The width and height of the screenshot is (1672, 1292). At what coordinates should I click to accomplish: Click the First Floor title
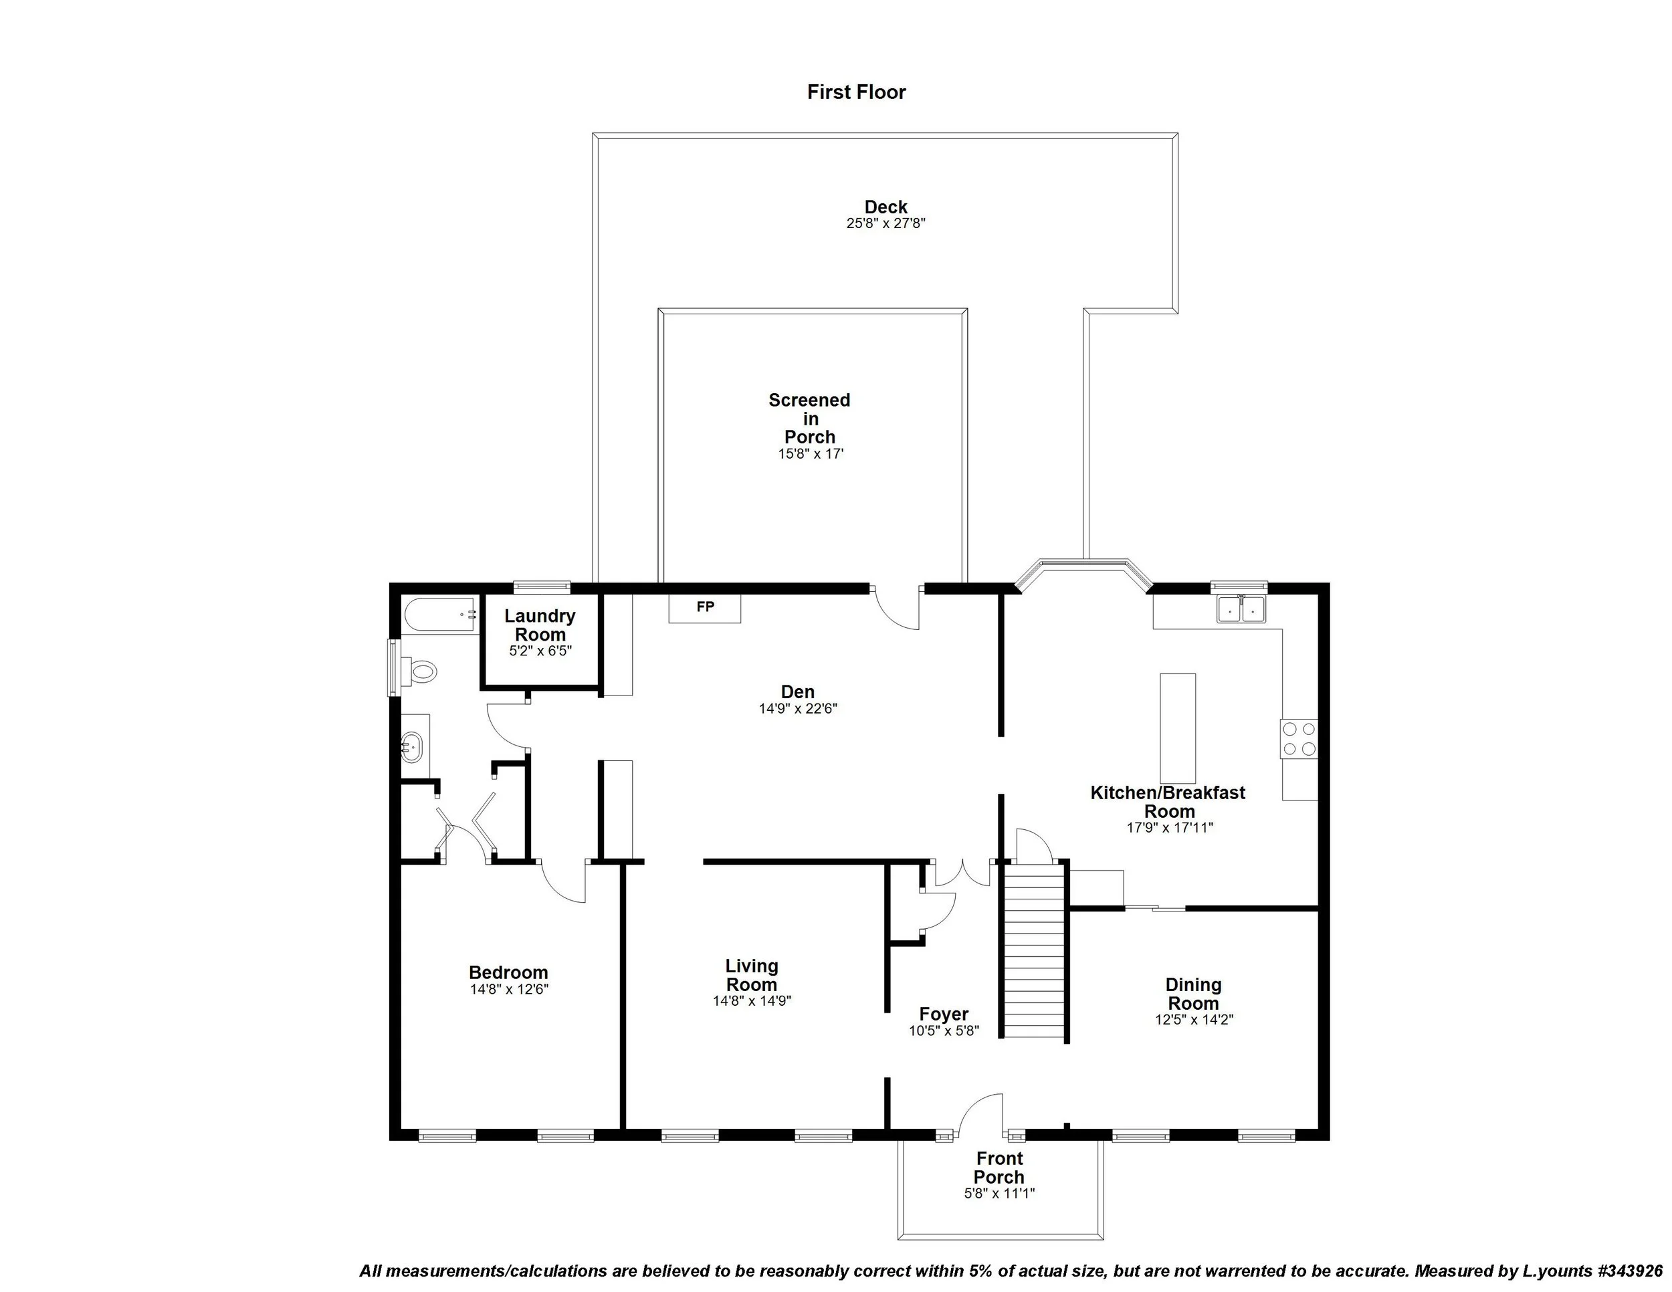(x=856, y=92)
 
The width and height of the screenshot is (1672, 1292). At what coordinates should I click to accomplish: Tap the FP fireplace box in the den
(x=704, y=608)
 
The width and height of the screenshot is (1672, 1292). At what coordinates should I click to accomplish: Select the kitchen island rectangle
(x=1178, y=728)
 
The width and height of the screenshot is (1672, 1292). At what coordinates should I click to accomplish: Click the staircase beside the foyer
(x=1034, y=948)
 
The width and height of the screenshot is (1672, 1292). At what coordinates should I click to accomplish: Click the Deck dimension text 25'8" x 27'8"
(x=885, y=224)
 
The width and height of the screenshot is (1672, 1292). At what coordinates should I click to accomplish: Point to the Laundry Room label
(x=540, y=625)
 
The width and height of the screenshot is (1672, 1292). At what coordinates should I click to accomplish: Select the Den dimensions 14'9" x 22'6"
(x=798, y=709)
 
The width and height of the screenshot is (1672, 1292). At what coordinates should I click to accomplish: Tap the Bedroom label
(x=508, y=972)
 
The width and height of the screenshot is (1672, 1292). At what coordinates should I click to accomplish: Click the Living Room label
(x=751, y=975)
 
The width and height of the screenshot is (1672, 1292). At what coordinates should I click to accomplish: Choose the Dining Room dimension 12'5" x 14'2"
(x=1194, y=1020)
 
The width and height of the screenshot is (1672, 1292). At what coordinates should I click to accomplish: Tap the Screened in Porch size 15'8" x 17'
(x=810, y=454)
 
